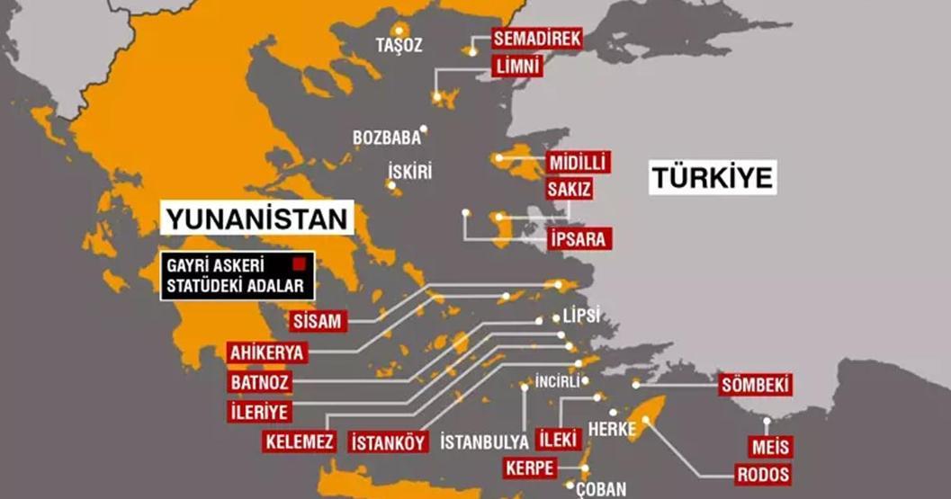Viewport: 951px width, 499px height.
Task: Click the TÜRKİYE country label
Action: click(x=712, y=178)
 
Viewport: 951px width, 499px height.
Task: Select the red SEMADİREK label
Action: click(x=537, y=38)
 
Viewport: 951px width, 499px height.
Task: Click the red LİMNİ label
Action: click(x=517, y=67)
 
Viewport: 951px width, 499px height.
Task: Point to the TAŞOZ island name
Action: click(x=399, y=45)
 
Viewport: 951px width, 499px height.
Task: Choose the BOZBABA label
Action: click(x=387, y=138)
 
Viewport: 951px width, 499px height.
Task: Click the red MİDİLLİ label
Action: click(x=578, y=163)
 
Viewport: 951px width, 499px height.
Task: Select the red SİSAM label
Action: click(x=318, y=321)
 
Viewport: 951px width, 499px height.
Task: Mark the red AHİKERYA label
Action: click(x=267, y=352)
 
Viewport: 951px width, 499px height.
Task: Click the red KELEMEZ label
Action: click(x=301, y=441)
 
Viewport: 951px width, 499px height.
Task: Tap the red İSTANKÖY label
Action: click(x=387, y=441)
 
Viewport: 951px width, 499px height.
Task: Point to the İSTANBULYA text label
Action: click(x=484, y=442)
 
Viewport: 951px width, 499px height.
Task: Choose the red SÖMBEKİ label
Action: click(x=756, y=386)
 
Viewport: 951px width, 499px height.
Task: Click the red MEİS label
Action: click(x=770, y=447)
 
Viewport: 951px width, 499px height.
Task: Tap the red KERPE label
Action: click(x=530, y=468)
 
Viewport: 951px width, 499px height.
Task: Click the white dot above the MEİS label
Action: click(x=767, y=421)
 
